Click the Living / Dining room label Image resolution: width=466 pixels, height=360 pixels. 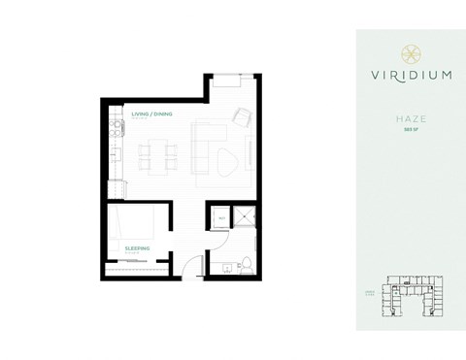[x=151, y=115]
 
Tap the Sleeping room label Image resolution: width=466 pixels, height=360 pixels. [x=137, y=247]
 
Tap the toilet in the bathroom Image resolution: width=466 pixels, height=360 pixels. [x=247, y=263]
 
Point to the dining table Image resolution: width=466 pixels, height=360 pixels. [x=158, y=153]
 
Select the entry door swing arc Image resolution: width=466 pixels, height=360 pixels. [x=191, y=266]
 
